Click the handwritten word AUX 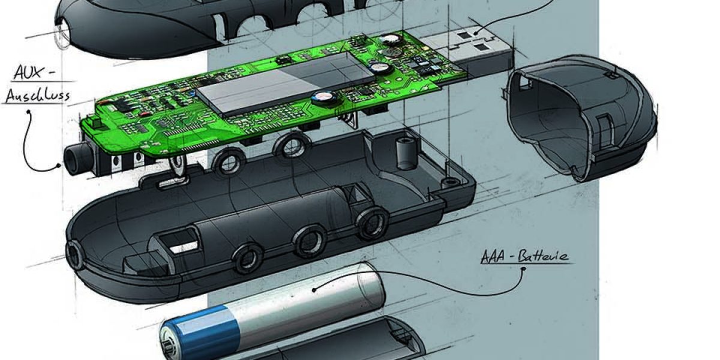click(x=28, y=73)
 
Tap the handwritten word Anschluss click(x=38, y=96)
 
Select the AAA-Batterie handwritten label click(x=524, y=257)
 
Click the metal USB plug click(x=469, y=52)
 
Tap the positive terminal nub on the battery click(x=167, y=347)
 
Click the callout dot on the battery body click(x=314, y=290)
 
